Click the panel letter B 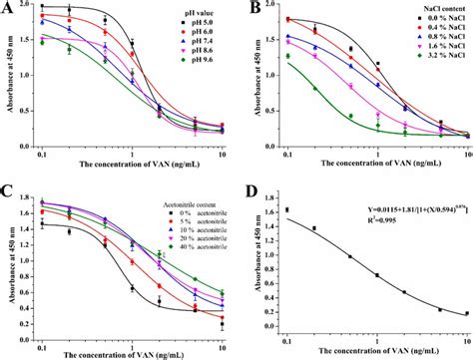(x=245, y=9)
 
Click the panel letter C (x=9, y=189)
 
